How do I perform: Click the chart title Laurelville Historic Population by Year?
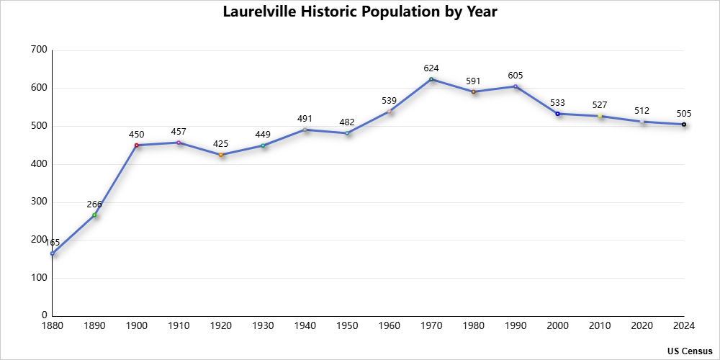pos(359,12)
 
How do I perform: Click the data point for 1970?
pos(431,79)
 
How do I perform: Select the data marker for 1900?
pos(136,145)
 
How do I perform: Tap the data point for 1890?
pos(94,215)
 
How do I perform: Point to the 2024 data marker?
pos(684,125)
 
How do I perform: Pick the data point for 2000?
pos(557,114)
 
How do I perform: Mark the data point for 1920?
pos(220,155)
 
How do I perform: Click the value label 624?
pos(431,68)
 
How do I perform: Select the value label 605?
pos(516,76)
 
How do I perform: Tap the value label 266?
pos(94,204)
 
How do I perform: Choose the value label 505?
pos(684,114)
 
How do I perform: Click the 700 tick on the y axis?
pos(39,50)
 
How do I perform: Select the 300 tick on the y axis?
pos(39,202)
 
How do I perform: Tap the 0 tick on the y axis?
pos(45,315)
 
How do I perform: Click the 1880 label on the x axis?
pos(53,326)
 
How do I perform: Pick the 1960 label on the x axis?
pos(390,326)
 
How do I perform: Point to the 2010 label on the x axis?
pos(600,326)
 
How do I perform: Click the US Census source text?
pos(689,351)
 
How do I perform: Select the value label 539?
pos(390,101)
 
